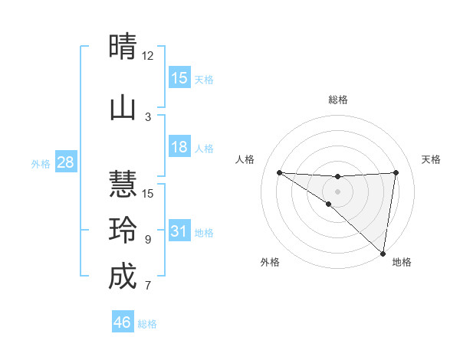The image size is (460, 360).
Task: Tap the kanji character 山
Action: (x=123, y=108)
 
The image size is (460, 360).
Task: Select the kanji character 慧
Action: (x=123, y=184)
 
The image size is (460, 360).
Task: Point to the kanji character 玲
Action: (x=123, y=230)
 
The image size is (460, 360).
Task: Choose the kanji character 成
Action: (x=123, y=277)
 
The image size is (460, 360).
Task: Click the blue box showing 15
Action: (x=179, y=78)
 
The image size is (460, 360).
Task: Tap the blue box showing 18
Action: (x=179, y=147)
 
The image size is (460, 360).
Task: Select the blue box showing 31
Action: (x=179, y=231)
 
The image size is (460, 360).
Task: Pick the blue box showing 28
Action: (x=65, y=162)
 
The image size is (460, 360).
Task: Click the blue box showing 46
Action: (x=123, y=322)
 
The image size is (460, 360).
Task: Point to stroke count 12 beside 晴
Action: (x=147, y=56)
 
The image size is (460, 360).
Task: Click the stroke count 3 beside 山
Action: (x=148, y=116)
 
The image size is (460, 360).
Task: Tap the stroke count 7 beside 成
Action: (x=148, y=286)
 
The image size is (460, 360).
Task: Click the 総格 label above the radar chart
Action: (x=337, y=100)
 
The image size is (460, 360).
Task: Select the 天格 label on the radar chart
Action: (x=432, y=159)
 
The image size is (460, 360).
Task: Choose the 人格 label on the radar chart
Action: (x=245, y=159)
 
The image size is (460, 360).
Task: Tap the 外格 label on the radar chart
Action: (x=270, y=262)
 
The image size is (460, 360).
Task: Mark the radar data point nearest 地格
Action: (x=383, y=253)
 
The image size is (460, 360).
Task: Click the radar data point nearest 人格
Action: (x=279, y=172)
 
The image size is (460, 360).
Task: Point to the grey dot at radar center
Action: (x=337, y=191)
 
